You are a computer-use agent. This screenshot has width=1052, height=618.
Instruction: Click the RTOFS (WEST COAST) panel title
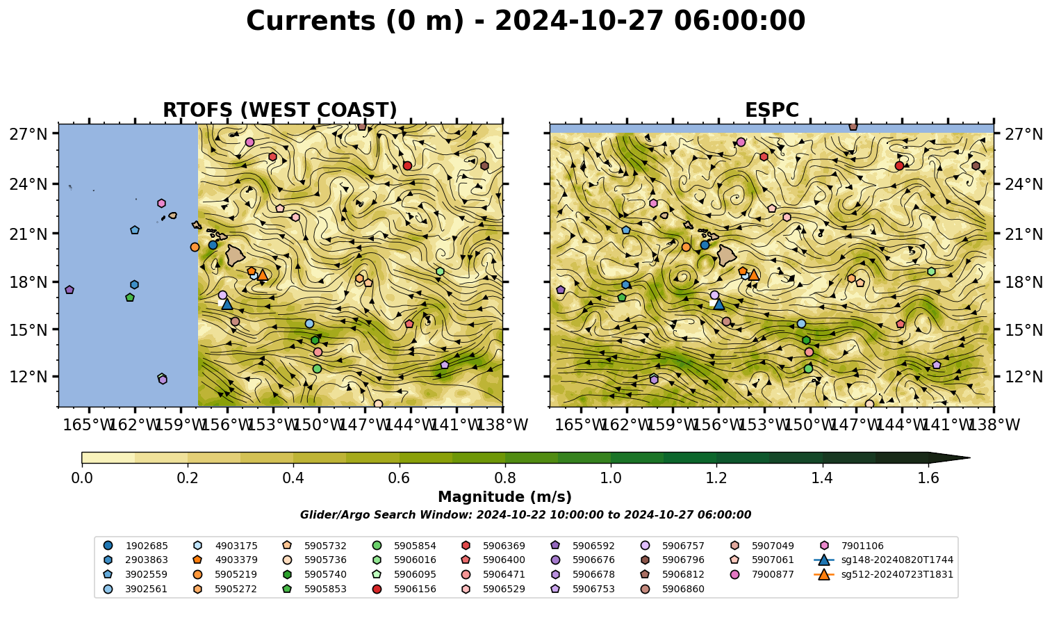pyautogui.click(x=280, y=110)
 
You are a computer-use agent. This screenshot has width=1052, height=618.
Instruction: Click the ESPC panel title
pyautogui.click(x=771, y=110)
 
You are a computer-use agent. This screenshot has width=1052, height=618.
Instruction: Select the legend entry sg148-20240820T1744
pyautogui.click(x=883, y=560)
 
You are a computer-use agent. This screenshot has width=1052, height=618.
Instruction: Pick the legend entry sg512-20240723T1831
pyautogui.click(x=883, y=574)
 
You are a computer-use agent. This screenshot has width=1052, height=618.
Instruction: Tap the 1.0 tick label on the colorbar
pyautogui.click(x=611, y=478)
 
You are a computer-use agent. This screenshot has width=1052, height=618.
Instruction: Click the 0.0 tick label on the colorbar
pyautogui.click(x=82, y=478)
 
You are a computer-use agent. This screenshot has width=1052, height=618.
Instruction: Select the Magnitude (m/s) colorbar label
pyautogui.click(x=505, y=497)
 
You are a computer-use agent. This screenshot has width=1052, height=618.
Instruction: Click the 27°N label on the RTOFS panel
pyautogui.click(x=28, y=134)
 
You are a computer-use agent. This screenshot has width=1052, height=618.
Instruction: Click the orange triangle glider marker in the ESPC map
pyautogui.click(x=754, y=275)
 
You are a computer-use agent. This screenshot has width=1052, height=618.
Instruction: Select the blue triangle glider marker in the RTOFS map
pyautogui.click(x=227, y=304)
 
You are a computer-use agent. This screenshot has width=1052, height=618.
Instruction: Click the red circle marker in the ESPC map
pyautogui.click(x=899, y=165)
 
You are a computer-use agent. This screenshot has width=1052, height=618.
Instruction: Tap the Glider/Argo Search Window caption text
pyautogui.click(x=525, y=515)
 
